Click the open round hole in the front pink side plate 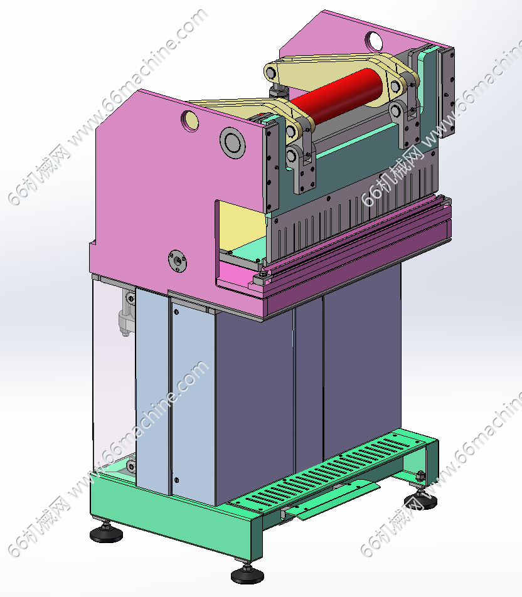(189, 120)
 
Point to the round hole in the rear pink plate (374, 41)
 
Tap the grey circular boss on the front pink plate (232, 142)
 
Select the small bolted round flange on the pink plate (177, 261)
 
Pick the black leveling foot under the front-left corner (106, 533)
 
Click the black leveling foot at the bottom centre (247, 574)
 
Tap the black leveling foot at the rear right (420, 500)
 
